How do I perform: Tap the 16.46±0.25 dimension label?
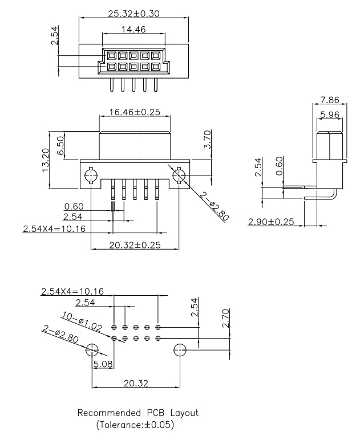coord(134,112)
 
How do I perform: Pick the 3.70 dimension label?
coord(208,139)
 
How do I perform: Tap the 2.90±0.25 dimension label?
coord(271,221)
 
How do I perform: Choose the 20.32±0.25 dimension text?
coord(134,245)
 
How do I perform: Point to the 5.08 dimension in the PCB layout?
coord(103,363)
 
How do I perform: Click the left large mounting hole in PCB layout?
coord(92,350)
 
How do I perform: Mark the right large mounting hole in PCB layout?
coord(180,350)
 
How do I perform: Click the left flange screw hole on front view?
coord(90,174)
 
